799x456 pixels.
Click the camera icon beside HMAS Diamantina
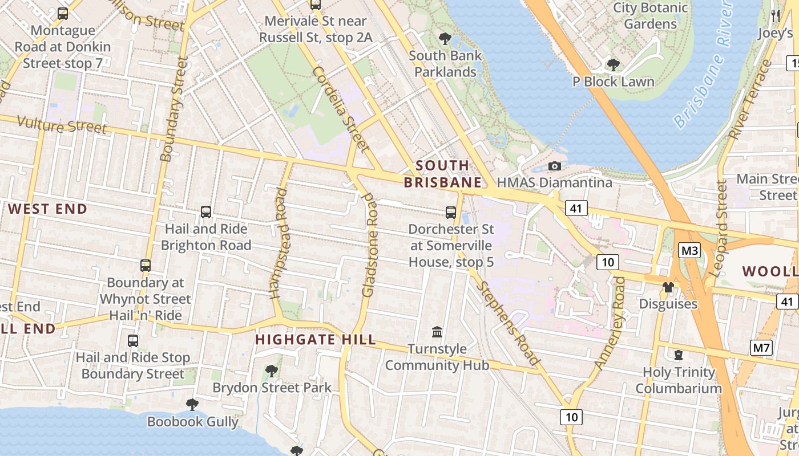point(554,166)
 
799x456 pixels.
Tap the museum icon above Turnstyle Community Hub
point(437,332)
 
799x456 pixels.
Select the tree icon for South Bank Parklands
point(445,39)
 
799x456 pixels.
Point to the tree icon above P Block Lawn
point(614,65)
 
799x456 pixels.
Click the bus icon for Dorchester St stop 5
point(451,213)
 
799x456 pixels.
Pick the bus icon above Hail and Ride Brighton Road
point(206,212)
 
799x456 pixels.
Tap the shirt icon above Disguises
point(668,287)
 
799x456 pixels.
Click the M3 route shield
point(689,250)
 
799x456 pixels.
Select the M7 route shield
point(761,347)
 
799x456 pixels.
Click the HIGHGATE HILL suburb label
point(316,340)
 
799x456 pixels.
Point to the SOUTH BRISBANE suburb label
point(443,174)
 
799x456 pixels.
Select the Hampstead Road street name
point(279,243)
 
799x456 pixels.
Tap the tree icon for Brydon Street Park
point(272,371)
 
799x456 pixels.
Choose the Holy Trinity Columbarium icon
point(679,355)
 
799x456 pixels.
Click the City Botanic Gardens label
point(650,16)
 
